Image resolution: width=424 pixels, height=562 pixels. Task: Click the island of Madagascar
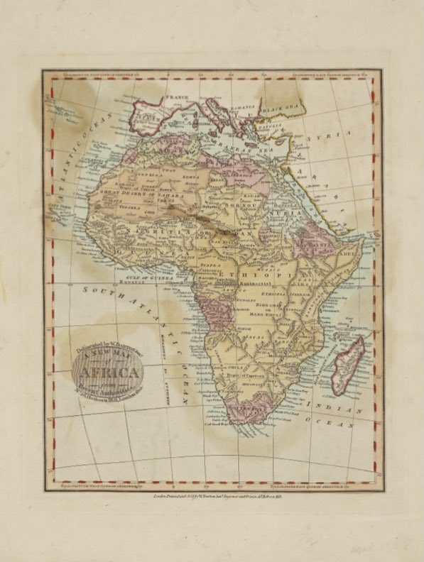coord(348,366)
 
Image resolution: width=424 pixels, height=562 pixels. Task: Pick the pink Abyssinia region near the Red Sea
coord(312,238)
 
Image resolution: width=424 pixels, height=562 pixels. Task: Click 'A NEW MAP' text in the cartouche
coord(107,358)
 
